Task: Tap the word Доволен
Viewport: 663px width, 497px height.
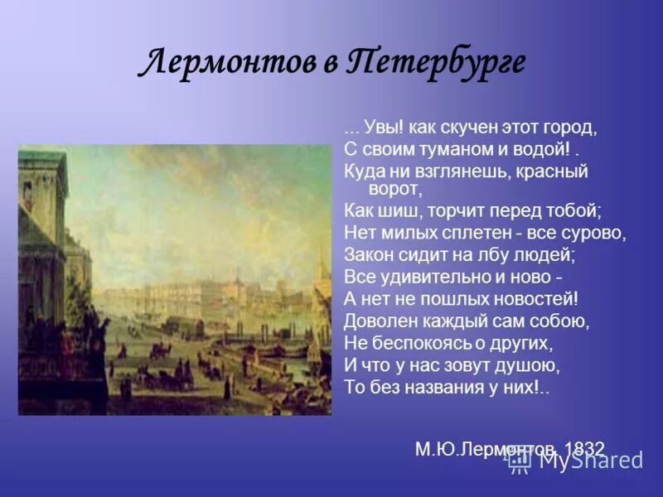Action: [x=377, y=321]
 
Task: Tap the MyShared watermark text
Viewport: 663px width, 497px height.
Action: [x=589, y=461]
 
